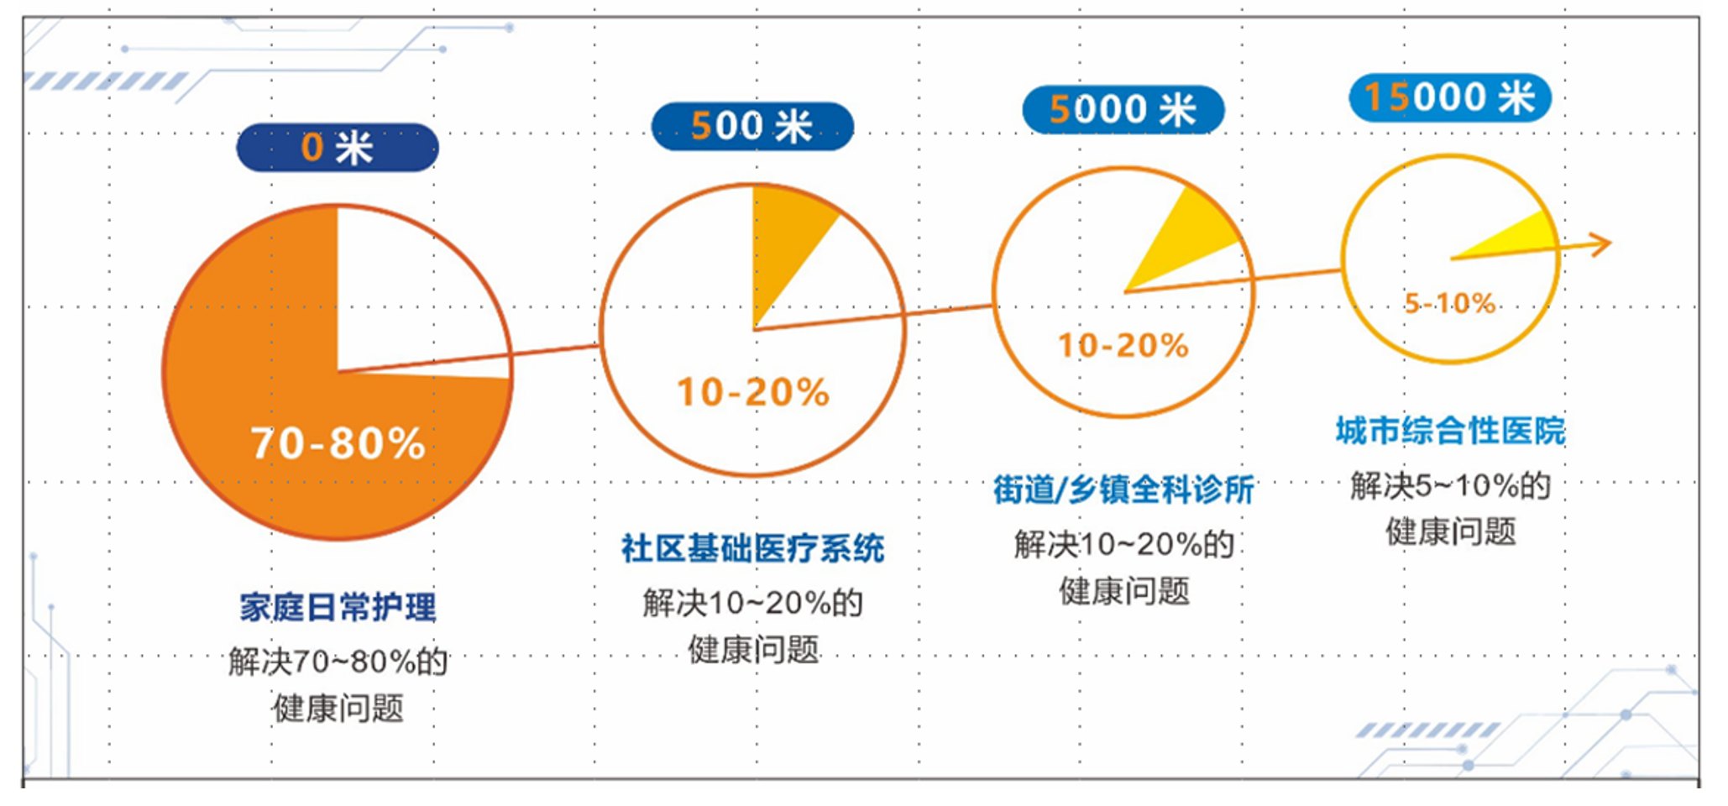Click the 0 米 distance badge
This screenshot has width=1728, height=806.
tap(337, 148)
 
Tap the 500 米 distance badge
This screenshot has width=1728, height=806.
tap(752, 127)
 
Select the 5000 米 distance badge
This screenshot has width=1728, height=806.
tap(1123, 110)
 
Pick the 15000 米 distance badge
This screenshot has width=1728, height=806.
tap(1450, 97)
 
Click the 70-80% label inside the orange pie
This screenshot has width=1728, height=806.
tap(338, 442)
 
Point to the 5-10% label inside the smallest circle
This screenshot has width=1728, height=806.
tap(1450, 303)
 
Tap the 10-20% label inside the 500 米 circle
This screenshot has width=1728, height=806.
tap(753, 392)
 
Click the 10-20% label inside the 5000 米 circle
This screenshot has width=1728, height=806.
tap(1123, 345)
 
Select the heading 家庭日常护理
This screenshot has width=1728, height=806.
tap(338, 607)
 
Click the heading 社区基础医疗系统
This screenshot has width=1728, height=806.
tap(752, 548)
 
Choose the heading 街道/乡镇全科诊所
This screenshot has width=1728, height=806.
tap(1123, 489)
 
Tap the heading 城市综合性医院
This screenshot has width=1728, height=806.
tap(1450, 431)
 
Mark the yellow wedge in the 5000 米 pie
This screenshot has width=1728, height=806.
tap(1184, 239)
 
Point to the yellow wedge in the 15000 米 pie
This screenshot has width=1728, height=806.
tap(1520, 239)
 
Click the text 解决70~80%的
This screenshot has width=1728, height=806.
tap(338, 662)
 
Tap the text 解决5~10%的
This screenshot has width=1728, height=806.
tap(1450, 485)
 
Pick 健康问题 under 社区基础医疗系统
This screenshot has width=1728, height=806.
tap(753, 649)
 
